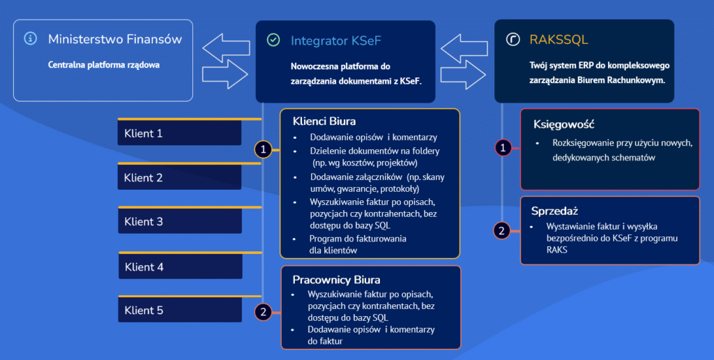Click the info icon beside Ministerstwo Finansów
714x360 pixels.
click(x=30, y=39)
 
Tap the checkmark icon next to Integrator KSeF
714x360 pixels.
click(x=273, y=40)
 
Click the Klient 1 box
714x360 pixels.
click(x=180, y=133)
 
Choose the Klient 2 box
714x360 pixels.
click(x=180, y=177)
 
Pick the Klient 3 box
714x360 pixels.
click(x=180, y=221)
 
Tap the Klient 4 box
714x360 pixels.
click(x=180, y=267)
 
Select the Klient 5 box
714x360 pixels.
click(x=180, y=310)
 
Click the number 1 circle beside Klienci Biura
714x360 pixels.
click(x=262, y=149)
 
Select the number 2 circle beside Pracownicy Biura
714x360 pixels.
click(x=263, y=312)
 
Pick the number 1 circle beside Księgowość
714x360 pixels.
click(x=503, y=147)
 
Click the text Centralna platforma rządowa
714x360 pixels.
click(x=104, y=65)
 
